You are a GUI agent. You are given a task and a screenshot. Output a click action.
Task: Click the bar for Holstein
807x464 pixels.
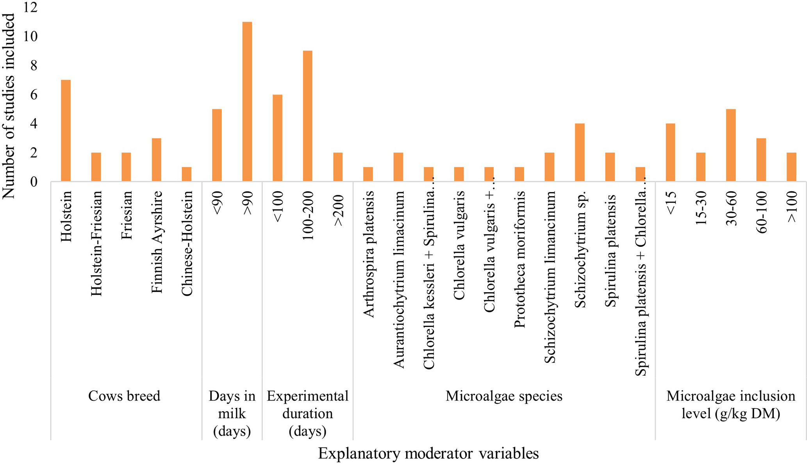66,131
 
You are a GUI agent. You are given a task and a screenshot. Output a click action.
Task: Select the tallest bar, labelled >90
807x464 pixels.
247,102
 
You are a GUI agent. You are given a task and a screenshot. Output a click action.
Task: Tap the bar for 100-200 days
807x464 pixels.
307,116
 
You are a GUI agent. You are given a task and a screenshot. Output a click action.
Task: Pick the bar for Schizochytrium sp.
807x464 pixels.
580,152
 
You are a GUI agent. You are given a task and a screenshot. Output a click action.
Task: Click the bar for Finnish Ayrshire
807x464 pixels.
156,160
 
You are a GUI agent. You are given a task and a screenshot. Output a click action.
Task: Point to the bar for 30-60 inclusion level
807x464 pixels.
731,145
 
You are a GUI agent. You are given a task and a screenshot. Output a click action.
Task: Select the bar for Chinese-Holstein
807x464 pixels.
187,174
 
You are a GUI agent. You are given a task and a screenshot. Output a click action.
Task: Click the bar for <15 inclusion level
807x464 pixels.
670,152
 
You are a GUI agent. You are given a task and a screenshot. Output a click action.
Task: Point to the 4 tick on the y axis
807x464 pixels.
34,124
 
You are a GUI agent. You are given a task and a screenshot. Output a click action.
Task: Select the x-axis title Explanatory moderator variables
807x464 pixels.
428,453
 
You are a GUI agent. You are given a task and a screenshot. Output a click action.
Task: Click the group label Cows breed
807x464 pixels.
124,396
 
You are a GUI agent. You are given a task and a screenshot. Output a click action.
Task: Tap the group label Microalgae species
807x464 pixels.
504,396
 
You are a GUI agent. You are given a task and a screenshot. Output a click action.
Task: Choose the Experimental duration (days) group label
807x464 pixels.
307,414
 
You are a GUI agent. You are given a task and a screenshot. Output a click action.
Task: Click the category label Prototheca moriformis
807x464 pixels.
520,260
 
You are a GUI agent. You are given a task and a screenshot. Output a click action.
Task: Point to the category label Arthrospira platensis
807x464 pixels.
368,254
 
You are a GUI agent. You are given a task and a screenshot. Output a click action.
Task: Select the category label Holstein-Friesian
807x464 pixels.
96,243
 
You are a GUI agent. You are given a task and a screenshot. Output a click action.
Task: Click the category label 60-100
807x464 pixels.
761,212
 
